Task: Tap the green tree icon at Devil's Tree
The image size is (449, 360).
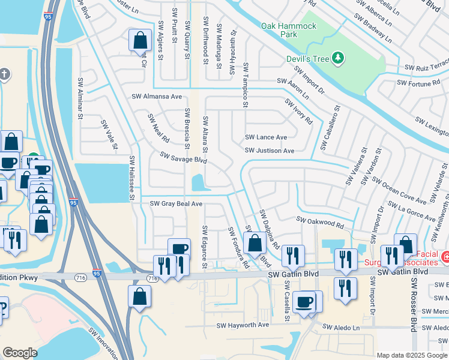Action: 339,58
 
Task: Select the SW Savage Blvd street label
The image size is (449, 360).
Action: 183,158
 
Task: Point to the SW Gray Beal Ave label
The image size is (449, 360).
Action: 176,204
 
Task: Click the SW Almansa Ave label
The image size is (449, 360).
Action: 157,96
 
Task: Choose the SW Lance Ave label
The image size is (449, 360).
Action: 266,137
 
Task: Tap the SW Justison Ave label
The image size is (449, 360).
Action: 270,151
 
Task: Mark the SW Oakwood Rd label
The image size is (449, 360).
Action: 321,223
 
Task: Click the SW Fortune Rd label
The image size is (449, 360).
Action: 418,83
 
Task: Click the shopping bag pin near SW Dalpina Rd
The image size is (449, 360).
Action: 255,243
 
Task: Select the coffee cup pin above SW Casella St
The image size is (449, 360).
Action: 305,301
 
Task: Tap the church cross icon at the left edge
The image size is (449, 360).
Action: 5,74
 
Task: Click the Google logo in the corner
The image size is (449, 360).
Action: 20,353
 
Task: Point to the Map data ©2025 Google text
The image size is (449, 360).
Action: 412,355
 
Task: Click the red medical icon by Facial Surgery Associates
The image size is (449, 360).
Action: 445,257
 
